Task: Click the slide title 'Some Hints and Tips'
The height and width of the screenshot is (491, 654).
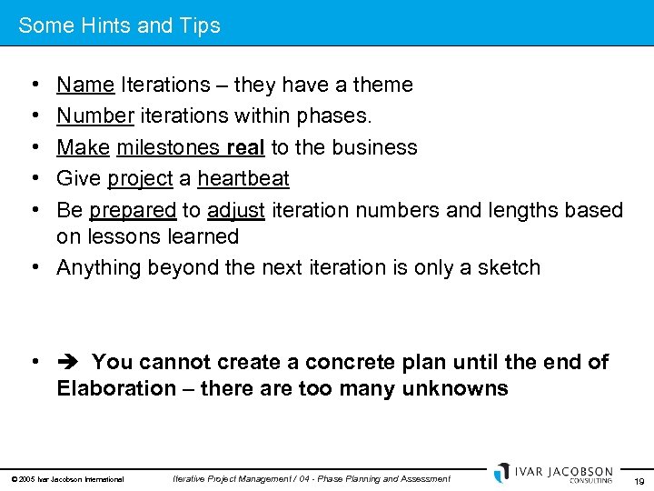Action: (119, 25)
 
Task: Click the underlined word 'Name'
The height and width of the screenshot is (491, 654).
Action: (85, 85)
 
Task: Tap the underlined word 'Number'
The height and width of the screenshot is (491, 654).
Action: (95, 116)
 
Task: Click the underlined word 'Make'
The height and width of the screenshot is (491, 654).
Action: (84, 147)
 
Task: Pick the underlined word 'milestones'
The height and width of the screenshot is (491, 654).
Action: (169, 147)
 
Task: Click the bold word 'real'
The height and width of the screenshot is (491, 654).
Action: (245, 147)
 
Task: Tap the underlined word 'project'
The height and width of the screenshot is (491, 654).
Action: (140, 179)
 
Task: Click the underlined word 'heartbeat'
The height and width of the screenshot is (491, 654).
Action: (243, 179)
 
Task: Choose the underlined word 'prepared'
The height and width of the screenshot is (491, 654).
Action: (133, 210)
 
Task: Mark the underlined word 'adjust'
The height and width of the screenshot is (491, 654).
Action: (236, 210)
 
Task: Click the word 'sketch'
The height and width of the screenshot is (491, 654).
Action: (510, 267)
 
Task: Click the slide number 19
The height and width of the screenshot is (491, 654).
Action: (638, 481)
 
